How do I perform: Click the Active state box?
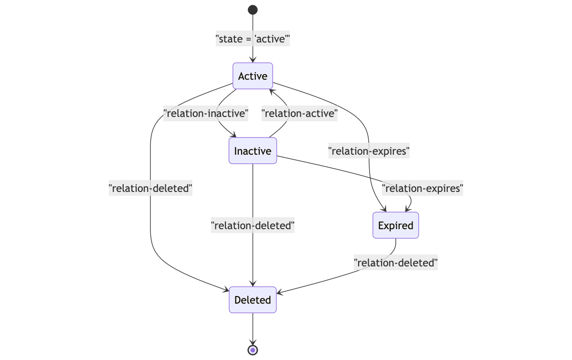tap(253, 76)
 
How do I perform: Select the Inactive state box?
tap(253, 151)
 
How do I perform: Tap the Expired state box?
tap(395, 225)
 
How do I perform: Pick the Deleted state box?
tap(253, 300)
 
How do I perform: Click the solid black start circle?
tap(253, 10)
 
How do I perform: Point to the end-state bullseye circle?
tap(253, 350)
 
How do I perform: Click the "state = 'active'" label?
tap(253, 39)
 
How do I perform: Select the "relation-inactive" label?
tap(206, 114)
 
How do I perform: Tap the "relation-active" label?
tap(299, 114)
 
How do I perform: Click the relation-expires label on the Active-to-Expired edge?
tap(369, 151)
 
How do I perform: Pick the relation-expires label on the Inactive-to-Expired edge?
tap(423, 188)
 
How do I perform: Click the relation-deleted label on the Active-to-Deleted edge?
tap(150, 188)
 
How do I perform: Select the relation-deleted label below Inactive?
tap(253, 225)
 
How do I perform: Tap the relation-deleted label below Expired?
tap(395, 263)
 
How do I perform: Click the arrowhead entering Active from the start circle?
tap(253, 60)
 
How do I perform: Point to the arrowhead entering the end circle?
tap(253, 342)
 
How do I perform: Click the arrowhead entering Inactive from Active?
tap(233, 135)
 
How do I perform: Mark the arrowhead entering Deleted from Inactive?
tap(253, 284)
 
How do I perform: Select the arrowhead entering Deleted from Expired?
tap(280, 293)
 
